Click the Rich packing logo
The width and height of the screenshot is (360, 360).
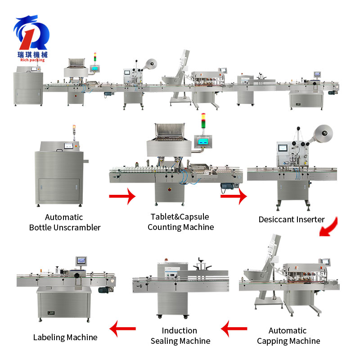(31, 39)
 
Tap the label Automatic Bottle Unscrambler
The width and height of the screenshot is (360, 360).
(65, 222)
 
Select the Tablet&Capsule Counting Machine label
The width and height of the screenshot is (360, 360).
(180, 222)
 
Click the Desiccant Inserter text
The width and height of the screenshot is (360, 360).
(292, 220)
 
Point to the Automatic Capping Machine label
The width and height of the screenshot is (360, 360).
(288, 336)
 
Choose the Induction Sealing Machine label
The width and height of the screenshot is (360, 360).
(180, 336)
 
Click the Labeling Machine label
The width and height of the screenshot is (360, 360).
(65, 337)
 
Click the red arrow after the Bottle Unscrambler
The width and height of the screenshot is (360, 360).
(122, 196)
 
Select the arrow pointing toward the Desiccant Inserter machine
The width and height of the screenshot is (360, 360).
(234, 196)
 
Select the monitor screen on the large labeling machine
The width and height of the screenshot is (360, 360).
(81, 260)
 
